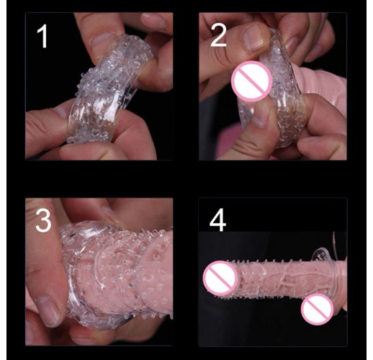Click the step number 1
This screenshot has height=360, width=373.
(x=42, y=37)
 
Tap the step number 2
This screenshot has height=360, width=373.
(x=218, y=35)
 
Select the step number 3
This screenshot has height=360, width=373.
(x=43, y=220)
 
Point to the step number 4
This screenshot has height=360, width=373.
(x=217, y=220)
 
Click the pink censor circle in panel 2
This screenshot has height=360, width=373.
(x=252, y=81)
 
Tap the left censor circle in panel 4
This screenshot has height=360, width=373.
(x=220, y=278)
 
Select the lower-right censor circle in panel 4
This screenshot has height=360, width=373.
(x=318, y=309)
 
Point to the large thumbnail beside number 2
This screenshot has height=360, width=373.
(x=253, y=38)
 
